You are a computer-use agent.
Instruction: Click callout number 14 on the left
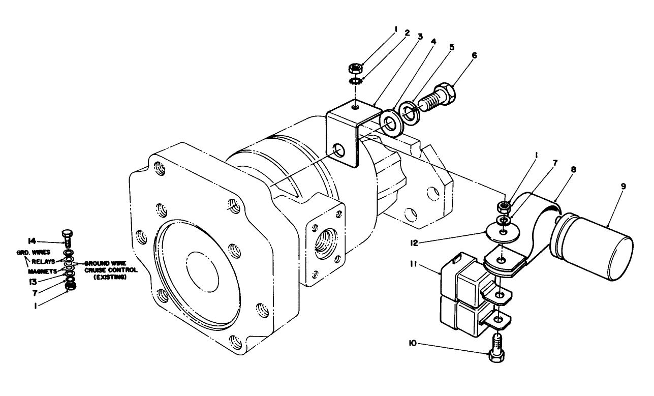[x=33, y=241]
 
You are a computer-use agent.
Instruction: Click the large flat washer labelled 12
[x=502, y=232]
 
